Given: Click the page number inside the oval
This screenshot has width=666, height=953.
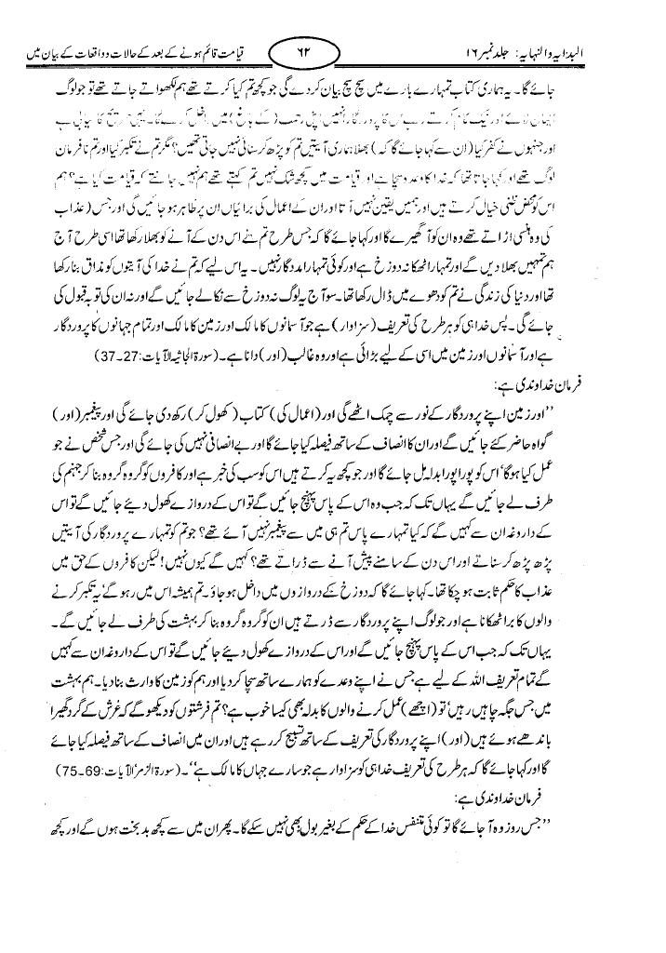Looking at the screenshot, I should pyautogui.click(x=306, y=42).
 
